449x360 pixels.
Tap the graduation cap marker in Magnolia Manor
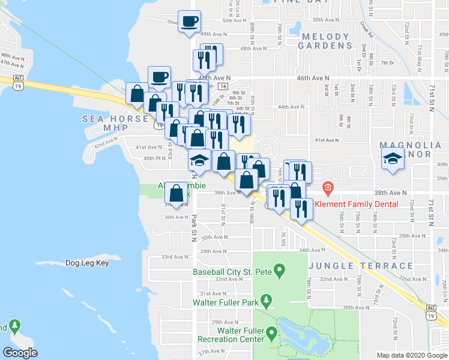[x=393, y=158]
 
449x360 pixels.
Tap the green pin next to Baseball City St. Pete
[x=279, y=272]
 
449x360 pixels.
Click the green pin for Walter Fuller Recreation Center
[x=272, y=332]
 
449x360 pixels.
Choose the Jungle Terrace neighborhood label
[x=361, y=266]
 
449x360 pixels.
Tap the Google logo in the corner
[x=20, y=353]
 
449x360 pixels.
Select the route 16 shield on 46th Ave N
[x=223, y=86]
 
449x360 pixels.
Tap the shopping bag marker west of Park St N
[x=176, y=194]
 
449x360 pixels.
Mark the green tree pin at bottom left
[x=14, y=328]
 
